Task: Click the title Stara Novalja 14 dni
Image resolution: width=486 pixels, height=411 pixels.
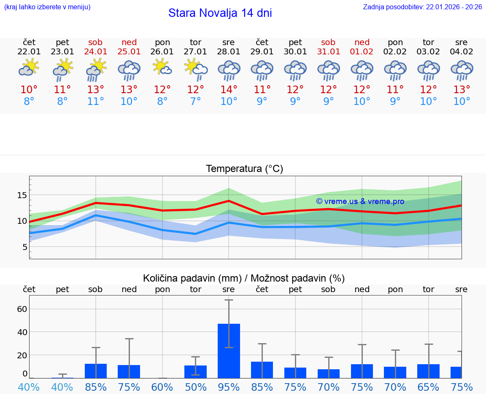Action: (x=220, y=13)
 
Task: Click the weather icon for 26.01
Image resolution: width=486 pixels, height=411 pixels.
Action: (x=162, y=67)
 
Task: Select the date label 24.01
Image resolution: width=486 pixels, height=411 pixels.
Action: (x=96, y=52)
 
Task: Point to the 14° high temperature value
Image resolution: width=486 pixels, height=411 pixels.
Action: (x=229, y=90)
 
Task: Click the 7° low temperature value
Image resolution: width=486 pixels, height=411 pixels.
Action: (x=195, y=102)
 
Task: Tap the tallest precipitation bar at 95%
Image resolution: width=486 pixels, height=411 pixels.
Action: (x=229, y=351)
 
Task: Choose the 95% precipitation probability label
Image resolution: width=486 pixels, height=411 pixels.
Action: (x=229, y=387)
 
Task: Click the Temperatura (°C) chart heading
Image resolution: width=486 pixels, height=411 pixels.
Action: (x=244, y=169)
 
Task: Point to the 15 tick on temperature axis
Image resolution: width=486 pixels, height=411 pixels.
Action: (x=22, y=195)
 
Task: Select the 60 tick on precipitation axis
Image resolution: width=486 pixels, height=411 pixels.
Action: (x=22, y=309)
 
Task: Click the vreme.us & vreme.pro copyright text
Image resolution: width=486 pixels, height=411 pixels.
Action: (x=360, y=201)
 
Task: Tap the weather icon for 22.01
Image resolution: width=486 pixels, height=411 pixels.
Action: (x=29, y=67)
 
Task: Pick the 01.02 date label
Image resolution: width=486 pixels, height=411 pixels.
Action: (x=362, y=52)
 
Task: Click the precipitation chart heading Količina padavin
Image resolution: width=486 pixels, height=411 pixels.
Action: (x=244, y=278)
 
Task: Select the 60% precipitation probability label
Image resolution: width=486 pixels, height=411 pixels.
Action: (x=162, y=387)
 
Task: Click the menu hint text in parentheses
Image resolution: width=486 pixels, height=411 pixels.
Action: (x=47, y=7)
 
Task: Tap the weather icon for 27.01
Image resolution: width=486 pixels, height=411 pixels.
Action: (x=195, y=68)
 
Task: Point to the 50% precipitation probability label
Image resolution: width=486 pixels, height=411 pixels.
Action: (x=195, y=387)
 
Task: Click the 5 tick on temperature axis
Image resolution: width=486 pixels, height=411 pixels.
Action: (x=24, y=247)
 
